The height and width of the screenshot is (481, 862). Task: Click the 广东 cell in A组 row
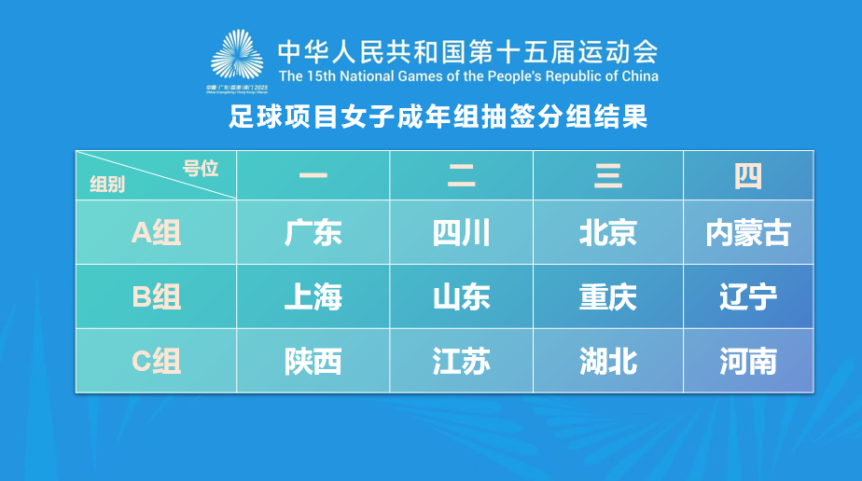click(313, 232)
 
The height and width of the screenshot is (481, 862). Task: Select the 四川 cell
click(461, 232)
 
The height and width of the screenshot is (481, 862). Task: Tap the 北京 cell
click(608, 232)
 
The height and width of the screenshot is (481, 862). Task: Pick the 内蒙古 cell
click(748, 232)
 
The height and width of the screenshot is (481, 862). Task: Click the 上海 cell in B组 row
click(313, 296)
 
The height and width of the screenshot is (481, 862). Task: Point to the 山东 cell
click(461, 296)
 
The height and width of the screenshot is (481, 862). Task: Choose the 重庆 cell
click(608, 296)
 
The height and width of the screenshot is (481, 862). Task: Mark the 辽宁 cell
click(748, 296)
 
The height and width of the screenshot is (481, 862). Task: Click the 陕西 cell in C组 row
click(313, 361)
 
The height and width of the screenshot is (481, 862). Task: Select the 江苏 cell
click(461, 361)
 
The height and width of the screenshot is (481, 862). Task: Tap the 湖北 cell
click(608, 361)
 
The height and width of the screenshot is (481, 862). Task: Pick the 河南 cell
click(748, 361)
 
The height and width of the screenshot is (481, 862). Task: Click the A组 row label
click(156, 232)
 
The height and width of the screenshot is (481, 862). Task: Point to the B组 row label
click(156, 296)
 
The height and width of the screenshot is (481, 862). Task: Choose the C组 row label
click(156, 361)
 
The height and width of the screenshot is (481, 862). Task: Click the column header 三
click(608, 175)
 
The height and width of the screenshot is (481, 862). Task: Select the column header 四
click(748, 175)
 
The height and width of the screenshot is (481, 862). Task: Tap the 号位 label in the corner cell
click(201, 168)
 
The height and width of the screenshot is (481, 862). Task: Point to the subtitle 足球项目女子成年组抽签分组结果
click(438, 118)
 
